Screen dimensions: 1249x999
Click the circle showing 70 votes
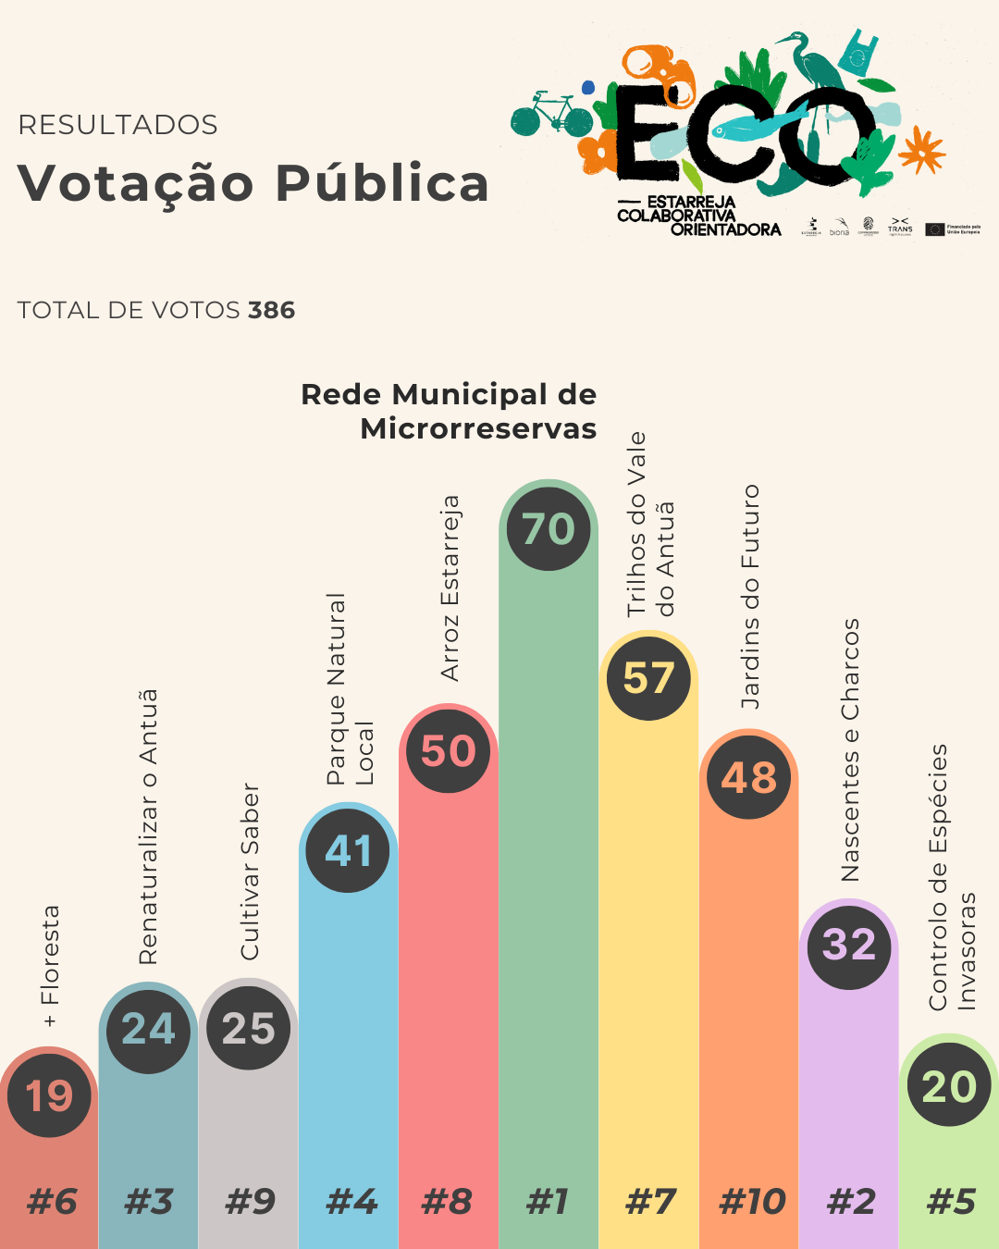549,529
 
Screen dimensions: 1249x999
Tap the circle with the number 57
648,678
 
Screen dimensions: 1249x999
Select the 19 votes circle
49,1096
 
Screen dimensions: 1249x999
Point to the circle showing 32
849,945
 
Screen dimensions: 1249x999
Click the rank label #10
752,1202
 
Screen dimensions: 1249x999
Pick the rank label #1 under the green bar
548,1202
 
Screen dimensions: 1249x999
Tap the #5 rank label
951,1202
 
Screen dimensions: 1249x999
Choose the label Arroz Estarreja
450,588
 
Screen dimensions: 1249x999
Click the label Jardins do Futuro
750,597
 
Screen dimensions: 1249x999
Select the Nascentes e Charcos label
850,749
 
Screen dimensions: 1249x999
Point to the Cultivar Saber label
250,872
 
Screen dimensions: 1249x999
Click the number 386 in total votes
271,310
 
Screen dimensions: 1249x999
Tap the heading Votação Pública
253,182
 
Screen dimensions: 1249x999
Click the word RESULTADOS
117,125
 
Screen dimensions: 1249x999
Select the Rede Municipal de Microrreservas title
450,411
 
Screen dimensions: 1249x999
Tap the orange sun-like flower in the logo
922,151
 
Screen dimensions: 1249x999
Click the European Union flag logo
934,229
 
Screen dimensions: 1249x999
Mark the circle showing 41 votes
349,849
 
